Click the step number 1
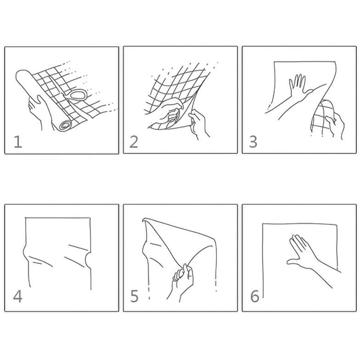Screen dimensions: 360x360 pos(18,141)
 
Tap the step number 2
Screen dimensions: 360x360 pos(134,141)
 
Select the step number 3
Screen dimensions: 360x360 pos(253,141)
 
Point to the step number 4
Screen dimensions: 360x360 pos(17,296)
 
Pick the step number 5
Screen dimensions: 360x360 pos(134,296)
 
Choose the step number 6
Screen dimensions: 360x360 pos(254,296)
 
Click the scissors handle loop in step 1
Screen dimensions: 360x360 pos(78,95)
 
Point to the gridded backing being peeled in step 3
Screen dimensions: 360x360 pos(322,118)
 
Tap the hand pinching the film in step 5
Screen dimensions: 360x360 pos(183,279)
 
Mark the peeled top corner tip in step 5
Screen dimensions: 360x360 pos(143,219)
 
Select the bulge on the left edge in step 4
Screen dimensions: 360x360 pos(25,253)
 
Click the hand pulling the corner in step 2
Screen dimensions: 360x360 pos(198,123)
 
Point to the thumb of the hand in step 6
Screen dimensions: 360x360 pos(293,261)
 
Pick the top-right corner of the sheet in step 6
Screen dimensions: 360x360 pos(337,224)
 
